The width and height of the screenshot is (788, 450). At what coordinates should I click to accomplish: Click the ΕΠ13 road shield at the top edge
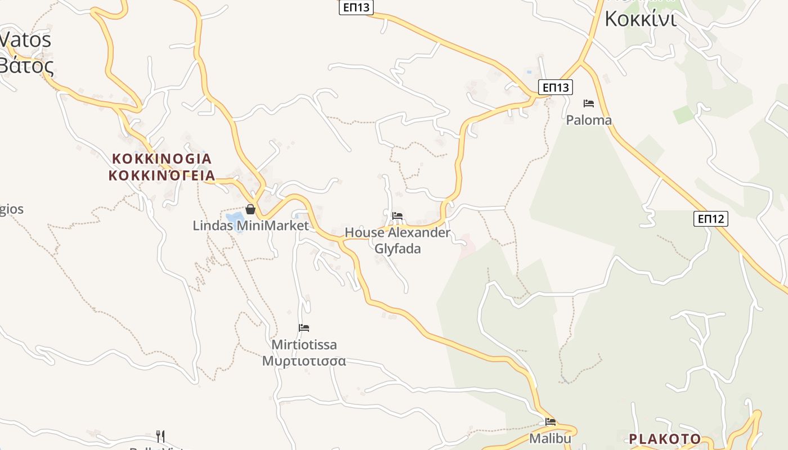click(356, 7)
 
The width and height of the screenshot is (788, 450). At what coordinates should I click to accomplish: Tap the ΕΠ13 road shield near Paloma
click(556, 87)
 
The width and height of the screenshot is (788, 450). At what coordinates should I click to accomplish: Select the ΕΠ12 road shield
click(710, 219)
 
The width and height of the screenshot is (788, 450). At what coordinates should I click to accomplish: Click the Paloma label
click(589, 120)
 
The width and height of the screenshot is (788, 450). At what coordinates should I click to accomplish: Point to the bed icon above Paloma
click(589, 103)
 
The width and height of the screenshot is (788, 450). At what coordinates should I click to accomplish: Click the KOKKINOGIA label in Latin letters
click(162, 159)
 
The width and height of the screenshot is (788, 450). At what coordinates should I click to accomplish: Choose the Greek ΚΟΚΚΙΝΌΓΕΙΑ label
click(162, 175)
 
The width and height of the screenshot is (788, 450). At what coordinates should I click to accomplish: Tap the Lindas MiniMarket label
click(250, 226)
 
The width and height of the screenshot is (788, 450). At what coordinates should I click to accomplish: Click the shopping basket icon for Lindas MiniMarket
click(250, 209)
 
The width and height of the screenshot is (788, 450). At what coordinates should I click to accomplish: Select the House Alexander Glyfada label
click(397, 240)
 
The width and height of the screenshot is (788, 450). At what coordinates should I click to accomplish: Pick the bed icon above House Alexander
click(397, 215)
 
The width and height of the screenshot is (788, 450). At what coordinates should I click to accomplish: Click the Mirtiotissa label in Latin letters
click(304, 344)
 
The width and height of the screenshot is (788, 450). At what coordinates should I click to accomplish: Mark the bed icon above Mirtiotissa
click(304, 328)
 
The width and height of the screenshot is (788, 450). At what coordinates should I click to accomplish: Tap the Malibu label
click(550, 438)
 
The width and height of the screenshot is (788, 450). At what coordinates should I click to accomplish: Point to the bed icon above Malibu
click(550, 422)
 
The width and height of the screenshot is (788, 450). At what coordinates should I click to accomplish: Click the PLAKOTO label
click(665, 439)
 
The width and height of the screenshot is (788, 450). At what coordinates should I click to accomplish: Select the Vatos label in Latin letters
click(25, 40)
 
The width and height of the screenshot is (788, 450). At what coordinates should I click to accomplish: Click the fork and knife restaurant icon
click(160, 436)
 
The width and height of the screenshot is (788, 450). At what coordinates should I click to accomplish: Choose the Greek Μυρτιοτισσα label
click(304, 361)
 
